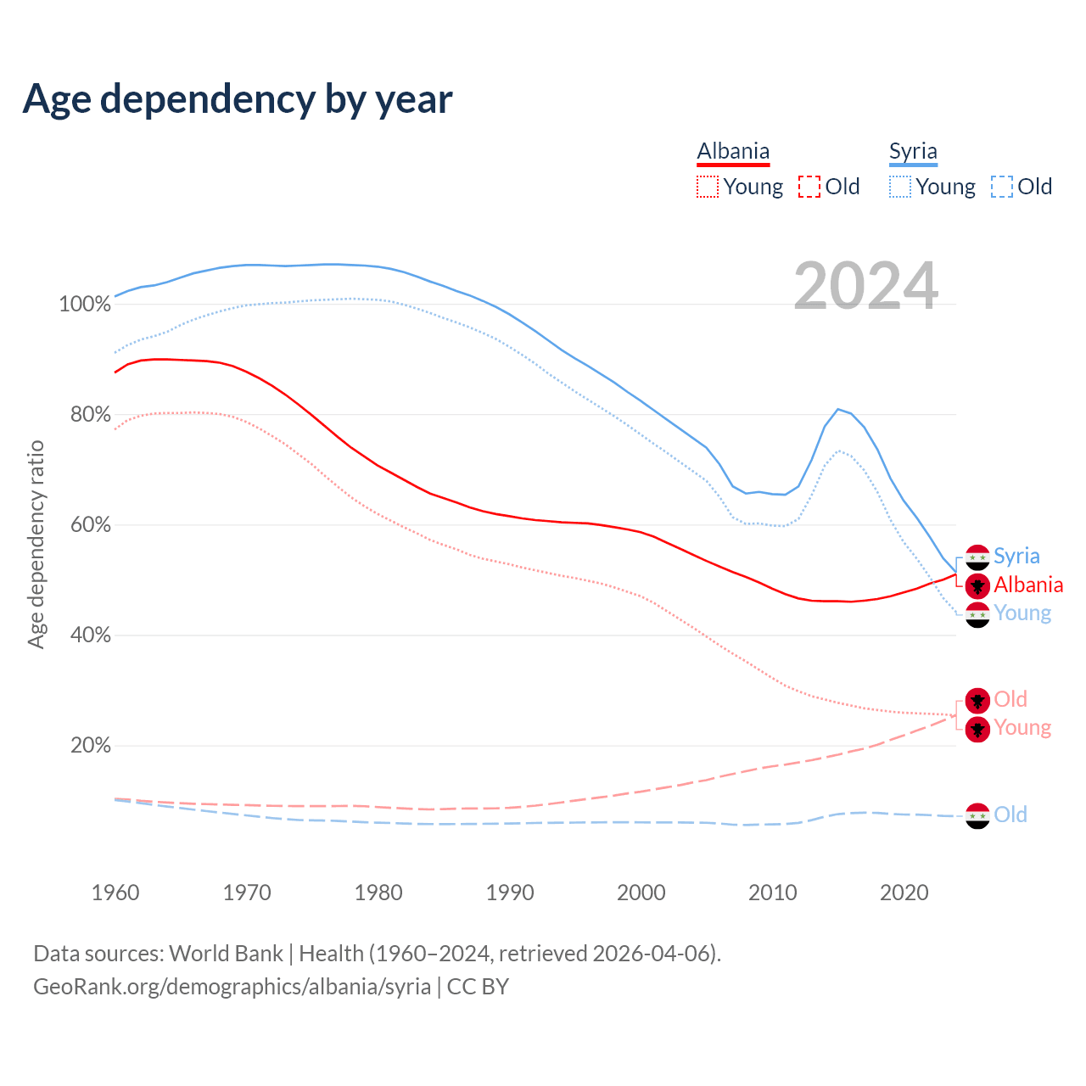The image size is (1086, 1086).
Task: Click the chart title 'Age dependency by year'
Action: [x=238, y=99]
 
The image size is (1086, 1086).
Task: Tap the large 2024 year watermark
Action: [x=865, y=286]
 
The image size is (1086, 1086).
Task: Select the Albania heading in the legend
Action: [x=733, y=151]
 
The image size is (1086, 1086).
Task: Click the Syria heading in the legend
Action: [x=913, y=151]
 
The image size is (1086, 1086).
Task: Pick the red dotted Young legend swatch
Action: [x=707, y=187]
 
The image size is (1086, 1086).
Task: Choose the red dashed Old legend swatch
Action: [x=809, y=187]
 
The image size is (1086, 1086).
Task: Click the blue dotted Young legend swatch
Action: [x=900, y=187]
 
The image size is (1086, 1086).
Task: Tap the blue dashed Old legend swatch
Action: [x=1002, y=187]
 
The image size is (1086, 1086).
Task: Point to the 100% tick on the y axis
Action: [x=85, y=305]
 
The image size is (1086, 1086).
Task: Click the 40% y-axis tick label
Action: [x=91, y=635]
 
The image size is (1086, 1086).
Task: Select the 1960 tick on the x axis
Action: [x=115, y=893]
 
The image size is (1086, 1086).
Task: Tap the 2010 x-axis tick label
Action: [x=773, y=893]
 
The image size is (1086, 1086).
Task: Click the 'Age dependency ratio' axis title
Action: [x=36, y=544]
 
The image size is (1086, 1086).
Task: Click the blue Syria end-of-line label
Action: [x=1016, y=557]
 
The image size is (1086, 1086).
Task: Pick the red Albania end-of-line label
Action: [x=1028, y=585]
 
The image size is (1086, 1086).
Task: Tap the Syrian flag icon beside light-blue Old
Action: [x=977, y=815]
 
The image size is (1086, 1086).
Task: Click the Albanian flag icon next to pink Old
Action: [x=977, y=700]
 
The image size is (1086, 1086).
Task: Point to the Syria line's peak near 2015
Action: [x=838, y=410]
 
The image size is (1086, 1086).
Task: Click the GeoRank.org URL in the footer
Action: [x=232, y=987]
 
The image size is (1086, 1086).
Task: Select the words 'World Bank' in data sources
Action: [x=226, y=954]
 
